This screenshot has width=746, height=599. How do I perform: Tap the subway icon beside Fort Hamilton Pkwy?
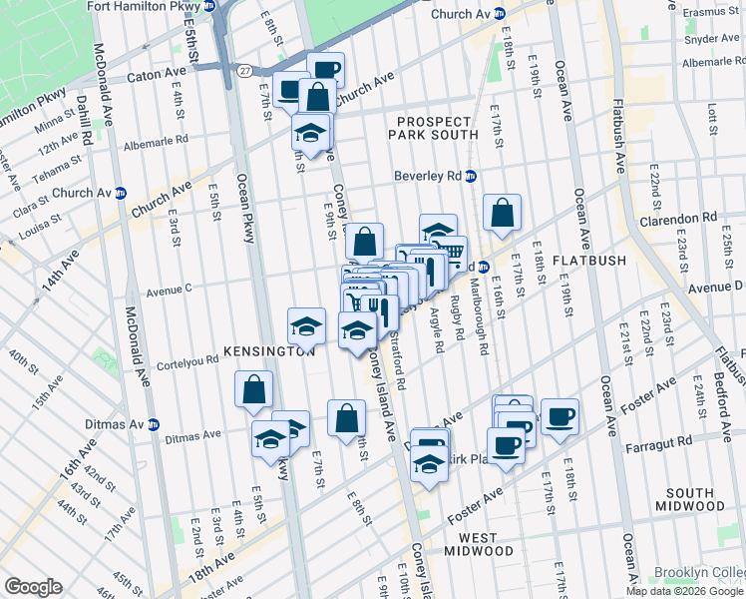pyautogui.click(x=209, y=6)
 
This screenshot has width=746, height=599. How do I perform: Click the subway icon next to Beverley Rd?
pyautogui.click(x=471, y=176)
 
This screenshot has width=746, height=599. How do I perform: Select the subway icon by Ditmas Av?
pyautogui.click(x=153, y=423)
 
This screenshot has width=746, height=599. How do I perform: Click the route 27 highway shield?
pyautogui.click(x=244, y=69)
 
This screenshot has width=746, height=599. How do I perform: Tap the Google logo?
pyautogui.click(x=33, y=586)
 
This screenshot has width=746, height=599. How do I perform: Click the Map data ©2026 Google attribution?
pyautogui.click(x=683, y=591)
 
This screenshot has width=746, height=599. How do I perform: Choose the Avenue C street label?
pyautogui.click(x=169, y=292)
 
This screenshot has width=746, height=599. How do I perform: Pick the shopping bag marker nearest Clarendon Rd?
pyautogui.click(x=503, y=213)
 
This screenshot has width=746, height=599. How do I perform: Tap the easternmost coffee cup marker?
pyautogui.click(x=559, y=416)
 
